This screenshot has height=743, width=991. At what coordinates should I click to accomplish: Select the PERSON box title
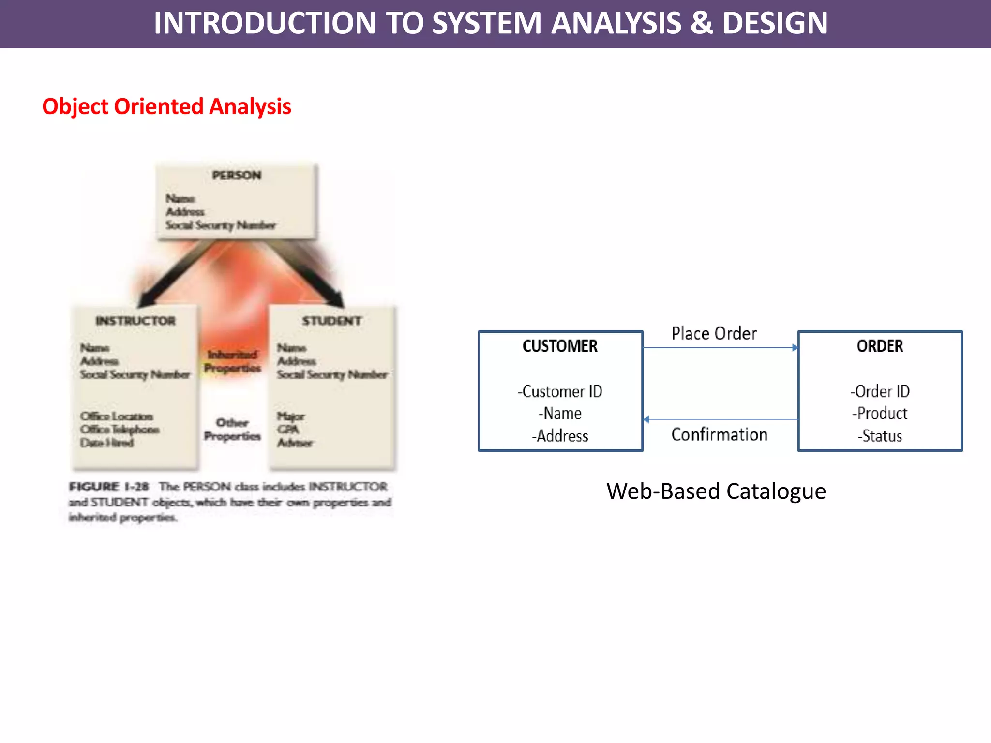tap(237, 175)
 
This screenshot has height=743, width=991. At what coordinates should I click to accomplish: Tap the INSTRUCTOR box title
tap(135, 321)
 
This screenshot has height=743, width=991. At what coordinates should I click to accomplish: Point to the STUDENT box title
tap(332, 321)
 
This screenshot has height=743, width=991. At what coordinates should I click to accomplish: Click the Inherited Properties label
tap(232, 361)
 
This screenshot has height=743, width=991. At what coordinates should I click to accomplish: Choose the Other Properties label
tap(232, 430)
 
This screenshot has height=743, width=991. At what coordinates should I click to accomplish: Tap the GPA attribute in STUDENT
tap(288, 430)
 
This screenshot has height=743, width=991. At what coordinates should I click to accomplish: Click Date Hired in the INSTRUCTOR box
tap(107, 443)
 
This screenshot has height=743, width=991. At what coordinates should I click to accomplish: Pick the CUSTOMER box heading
tap(560, 346)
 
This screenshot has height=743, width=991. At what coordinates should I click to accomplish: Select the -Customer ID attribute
tap(560, 391)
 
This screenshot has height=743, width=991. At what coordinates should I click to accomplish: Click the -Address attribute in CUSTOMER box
tap(560, 436)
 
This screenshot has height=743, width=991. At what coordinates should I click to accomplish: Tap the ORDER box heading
tap(880, 346)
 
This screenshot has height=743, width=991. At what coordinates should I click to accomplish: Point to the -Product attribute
tap(880, 414)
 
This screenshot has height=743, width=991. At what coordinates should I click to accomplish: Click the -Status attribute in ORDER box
tap(880, 436)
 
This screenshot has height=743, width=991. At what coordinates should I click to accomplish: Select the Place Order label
tap(714, 333)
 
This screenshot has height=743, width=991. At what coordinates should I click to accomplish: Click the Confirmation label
tap(719, 434)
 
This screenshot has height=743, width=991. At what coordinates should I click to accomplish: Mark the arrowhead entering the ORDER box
tap(795, 348)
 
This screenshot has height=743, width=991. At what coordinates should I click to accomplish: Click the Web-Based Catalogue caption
tap(716, 491)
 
